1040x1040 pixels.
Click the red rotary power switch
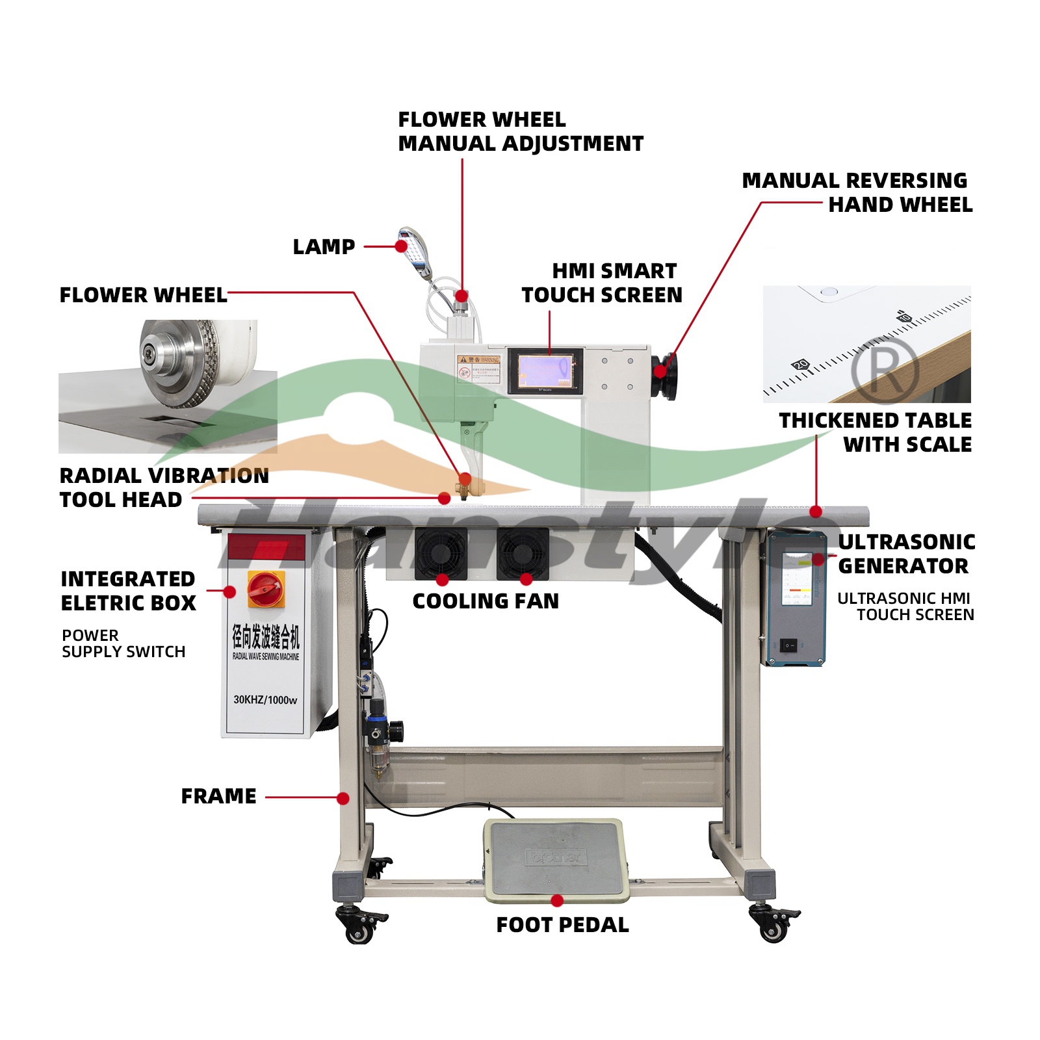[x=266, y=590]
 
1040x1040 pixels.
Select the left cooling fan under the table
[x=441, y=552]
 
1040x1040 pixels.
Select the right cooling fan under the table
[x=523, y=553]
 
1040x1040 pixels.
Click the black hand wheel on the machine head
[x=664, y=376]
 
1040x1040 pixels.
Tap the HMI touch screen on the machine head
[x=545, y=372]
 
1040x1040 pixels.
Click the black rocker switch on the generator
[x=788, y=645]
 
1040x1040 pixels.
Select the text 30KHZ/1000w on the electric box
[x=265, y=700]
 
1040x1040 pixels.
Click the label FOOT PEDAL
[x=562, y=925]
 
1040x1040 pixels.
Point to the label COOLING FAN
[x=486, y=601]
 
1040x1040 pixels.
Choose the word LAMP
[x=324, y=247]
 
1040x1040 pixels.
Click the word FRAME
[x=218, y=796]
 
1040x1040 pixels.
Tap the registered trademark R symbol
[x=885, y=370]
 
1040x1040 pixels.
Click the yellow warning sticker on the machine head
[x=479, y=368]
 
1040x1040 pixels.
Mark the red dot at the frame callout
[x=343, y=798]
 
